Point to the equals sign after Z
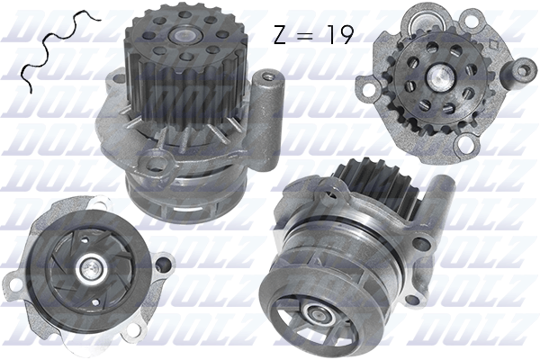coord(306,35)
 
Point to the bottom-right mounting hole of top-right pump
coord(468,144)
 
